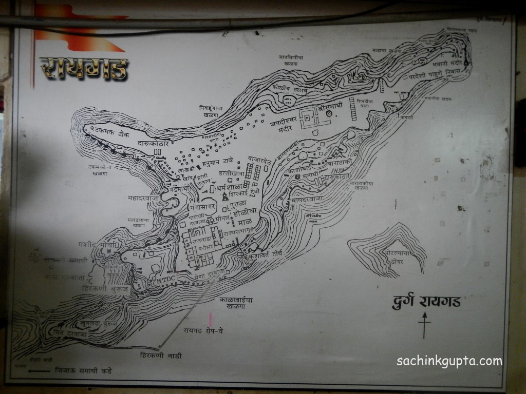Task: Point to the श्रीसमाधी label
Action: pyautogui.click(x=329, y=109)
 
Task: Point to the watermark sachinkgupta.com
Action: pyautogui.click(x=449, y=361)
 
